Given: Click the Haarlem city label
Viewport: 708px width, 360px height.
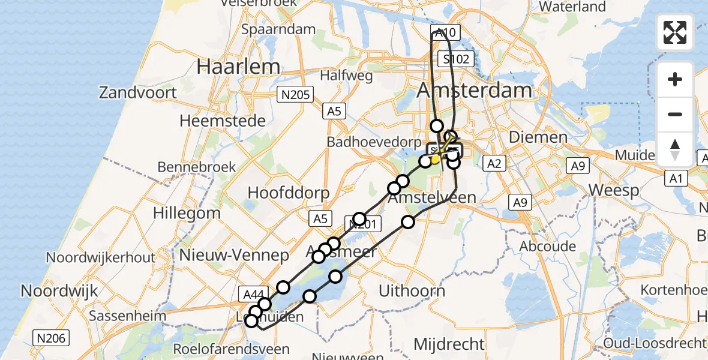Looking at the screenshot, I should tap(238, 66).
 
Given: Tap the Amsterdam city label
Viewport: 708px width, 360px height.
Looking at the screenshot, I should tap(474, 91).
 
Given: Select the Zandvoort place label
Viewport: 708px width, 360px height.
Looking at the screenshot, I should tap(138, 92).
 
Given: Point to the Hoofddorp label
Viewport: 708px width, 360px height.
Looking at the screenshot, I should tap(289, 193).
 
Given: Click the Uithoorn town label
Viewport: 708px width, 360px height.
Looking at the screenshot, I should tap(412, 291).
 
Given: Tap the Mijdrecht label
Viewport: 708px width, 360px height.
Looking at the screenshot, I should tap(449, 344).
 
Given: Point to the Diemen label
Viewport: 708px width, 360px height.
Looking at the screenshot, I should tap(538, 137).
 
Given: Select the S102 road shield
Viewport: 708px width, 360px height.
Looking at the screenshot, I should tap(456, 59).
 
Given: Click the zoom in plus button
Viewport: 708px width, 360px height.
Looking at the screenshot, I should tap(675, 79).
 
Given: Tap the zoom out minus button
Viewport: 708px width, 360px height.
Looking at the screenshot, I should tap(675, 114).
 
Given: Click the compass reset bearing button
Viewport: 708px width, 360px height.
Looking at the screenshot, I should tap(675, 148).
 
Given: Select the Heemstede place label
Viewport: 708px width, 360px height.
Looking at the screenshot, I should tap(223, 121).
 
